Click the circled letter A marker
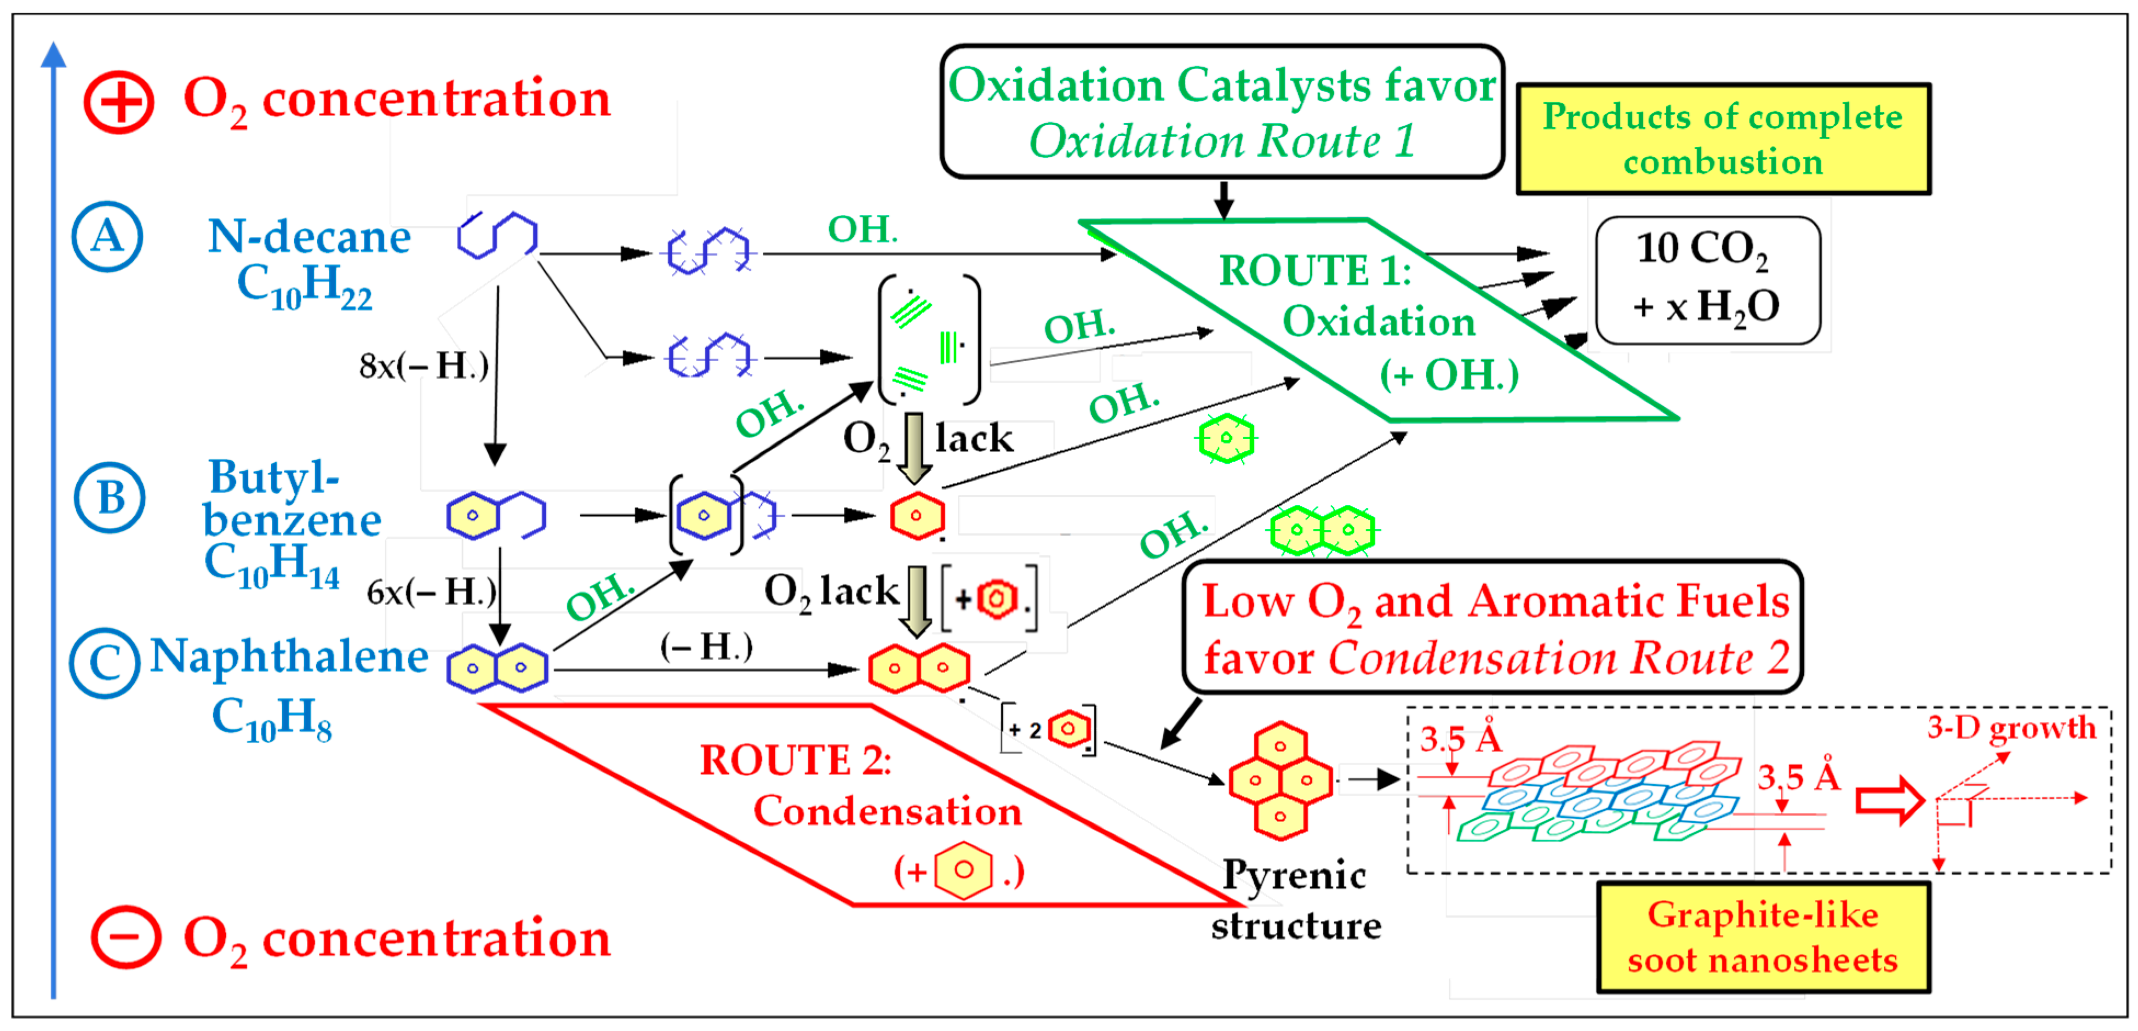(107, 237)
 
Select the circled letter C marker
(105, 663)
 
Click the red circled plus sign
(119, 102)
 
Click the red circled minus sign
(125, 937)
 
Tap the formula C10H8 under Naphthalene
(271, 719)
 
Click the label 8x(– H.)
(424, 365)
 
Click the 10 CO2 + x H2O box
(1707, 280)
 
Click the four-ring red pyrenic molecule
(1280, 781)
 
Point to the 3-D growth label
(2011, 728)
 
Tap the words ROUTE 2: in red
(795, 760)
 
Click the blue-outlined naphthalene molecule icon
(496, 668)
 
